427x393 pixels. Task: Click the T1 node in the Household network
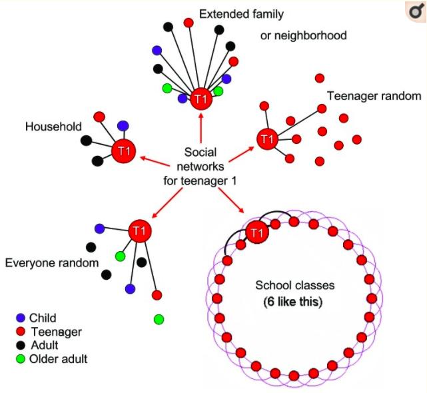tap(123, 151)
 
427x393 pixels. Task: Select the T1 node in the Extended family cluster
tap(200, 99)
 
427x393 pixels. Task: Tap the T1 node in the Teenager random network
tap(266, 139)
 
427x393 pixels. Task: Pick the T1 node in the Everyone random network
tap(139, 230)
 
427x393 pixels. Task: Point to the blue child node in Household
tap(123, 126)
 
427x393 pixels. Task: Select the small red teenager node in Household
tap(99, 117)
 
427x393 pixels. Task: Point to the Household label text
tap(54, 126)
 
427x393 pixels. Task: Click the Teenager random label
tap(374, 96)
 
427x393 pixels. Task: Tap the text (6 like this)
tap(295, 302)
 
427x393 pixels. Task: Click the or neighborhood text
tap(304, 35)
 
